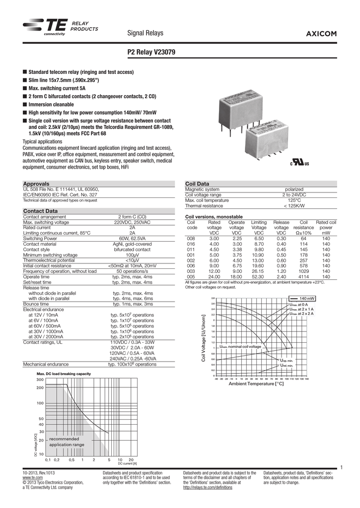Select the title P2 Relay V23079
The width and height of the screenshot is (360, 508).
[151, 52]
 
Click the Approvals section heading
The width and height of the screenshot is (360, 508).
[37, 184]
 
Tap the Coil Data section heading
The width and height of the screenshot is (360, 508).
[197, 184]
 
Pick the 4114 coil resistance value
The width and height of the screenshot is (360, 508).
[303, 277]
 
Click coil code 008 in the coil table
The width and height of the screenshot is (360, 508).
[191, 238]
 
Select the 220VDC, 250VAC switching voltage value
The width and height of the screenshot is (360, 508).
[132, 222]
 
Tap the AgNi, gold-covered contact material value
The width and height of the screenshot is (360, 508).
[132, 245]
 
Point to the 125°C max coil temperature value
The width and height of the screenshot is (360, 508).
[294, 200]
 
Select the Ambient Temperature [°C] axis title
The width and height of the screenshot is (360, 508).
[256, 383]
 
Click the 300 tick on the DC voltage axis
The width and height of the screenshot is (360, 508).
[40, 380]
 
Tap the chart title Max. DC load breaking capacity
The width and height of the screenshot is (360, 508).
[64, 374]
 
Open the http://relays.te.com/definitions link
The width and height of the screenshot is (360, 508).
[208, 487]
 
